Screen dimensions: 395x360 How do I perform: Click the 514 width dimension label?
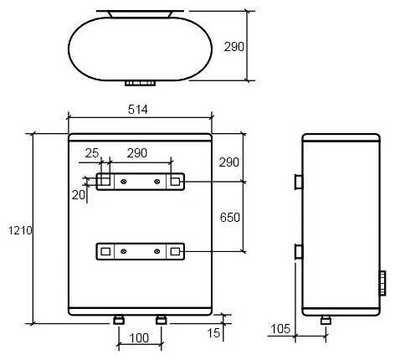point(138,110)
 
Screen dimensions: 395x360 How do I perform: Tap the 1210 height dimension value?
point(20,230)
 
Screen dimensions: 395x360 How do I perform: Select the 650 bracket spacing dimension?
point(229,218)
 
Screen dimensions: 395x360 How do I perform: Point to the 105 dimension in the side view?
point(280,329)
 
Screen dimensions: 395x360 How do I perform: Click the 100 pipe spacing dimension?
point(139,338)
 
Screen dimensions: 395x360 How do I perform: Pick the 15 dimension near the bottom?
point(213,333)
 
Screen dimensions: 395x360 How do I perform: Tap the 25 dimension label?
point(92,153)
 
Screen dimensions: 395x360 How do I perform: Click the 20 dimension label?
point(79,195)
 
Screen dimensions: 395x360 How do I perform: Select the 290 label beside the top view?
point(234,47)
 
